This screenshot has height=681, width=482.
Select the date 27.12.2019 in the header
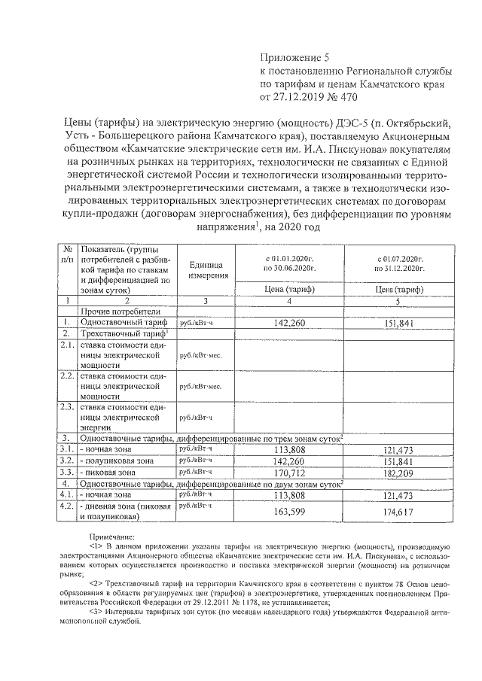click(x=296, y=97)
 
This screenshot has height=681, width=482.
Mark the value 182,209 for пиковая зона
click(x=399, y=473)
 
